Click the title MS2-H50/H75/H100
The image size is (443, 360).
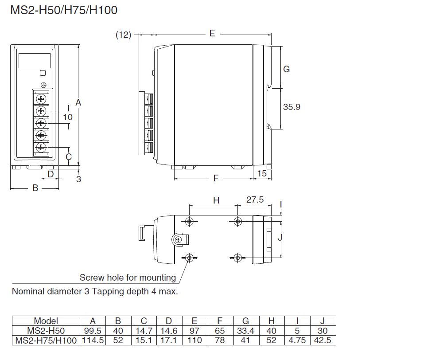tap(64, 10)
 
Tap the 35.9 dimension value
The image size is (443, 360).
tap(292, 107)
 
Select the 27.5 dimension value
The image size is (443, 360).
tap(255, 200)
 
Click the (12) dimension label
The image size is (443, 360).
tap(124, 35)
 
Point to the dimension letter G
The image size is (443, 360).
tap(287, 69)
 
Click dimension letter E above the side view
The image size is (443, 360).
tap(212, 33)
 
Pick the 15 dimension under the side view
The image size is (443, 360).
tap(262, 173)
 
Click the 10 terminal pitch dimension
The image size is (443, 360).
tap(68, 117)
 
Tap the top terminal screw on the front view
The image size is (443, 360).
tap(42, 98)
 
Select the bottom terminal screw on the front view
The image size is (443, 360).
tap(42, 147)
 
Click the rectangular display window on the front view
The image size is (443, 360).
tap(34, 60)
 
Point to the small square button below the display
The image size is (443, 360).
tap(43, 74)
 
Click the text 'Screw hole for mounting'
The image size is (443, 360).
tap(128, 278)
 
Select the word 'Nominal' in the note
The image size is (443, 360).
tap(28, 291)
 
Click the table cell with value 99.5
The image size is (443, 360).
tap(93, 331)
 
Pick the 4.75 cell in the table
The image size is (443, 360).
tap(297, 340)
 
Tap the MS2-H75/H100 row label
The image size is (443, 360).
tap(46, 340)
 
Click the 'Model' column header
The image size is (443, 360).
tap(46, 321)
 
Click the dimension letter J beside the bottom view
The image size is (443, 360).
tap(280, 238)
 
